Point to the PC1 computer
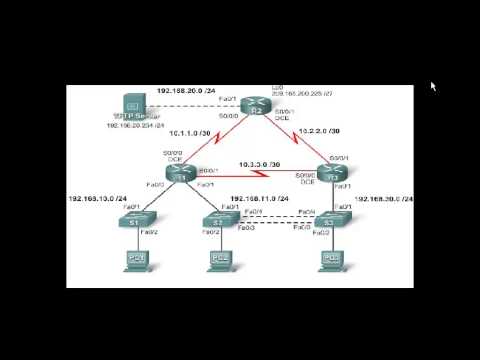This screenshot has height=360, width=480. pos(135,262)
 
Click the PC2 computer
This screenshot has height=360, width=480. pos(220,262)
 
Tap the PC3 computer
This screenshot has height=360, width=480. pos(328,262)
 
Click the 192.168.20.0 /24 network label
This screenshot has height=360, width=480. pos(185,91)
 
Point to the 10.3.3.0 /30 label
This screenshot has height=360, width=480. pos(259,164)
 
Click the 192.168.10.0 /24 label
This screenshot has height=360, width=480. pos(97,198)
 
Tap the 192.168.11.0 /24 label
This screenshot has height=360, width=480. pos(259,198)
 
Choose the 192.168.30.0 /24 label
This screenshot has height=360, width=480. pos(384,198)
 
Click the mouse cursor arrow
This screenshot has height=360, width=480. pos(434,86)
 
